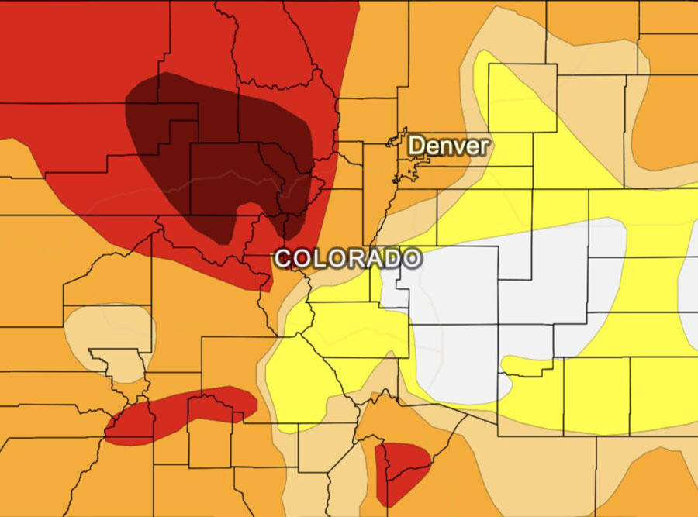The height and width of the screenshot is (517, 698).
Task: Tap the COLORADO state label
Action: tap(348, 258)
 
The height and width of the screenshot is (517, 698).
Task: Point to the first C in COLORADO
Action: tap(285, 258)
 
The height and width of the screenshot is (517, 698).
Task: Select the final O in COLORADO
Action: tap(413, 258)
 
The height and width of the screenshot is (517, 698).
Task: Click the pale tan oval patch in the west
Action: tap(109, 329)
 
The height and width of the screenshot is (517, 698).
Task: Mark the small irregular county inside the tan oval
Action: tap(116, 364)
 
